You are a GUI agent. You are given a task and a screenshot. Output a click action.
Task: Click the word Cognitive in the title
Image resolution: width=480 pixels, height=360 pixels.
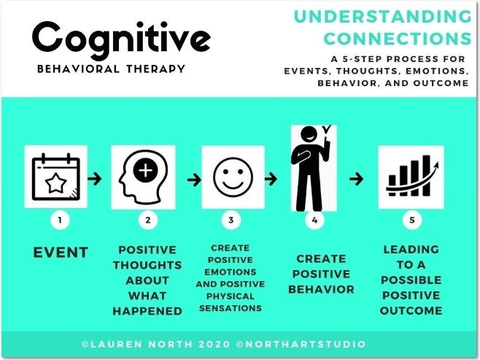point(121,40)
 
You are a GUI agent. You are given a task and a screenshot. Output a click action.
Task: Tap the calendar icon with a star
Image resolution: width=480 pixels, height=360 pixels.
point(56,177)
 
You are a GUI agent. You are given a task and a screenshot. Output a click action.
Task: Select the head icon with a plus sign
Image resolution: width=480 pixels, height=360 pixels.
point(143,177)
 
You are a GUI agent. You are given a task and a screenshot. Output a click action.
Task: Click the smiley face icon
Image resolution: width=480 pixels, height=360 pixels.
point(233,177)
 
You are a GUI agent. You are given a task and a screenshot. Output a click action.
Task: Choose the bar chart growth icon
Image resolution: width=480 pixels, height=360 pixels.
point(412,176)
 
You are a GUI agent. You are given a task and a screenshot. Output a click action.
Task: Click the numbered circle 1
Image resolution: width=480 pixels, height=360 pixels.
point(60,220)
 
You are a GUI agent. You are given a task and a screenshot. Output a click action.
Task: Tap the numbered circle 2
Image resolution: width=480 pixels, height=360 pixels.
point(148,220)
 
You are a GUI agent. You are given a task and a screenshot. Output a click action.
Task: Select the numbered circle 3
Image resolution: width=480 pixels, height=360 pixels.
point(231,220)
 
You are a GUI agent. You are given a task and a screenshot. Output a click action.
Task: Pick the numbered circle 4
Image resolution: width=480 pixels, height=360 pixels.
point(314,220)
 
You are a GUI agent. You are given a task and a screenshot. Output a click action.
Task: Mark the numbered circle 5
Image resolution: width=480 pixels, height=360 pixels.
point(412,220)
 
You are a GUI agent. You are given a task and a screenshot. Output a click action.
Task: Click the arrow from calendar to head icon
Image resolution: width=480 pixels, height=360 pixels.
point(95,178)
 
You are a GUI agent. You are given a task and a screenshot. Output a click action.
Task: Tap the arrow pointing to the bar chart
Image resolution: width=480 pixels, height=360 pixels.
point(356,179)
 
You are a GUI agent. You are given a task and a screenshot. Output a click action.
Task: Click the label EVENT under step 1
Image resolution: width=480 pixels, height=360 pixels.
point(61,253)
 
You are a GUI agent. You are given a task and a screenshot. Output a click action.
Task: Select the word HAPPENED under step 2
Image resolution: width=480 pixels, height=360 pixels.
point(147,311)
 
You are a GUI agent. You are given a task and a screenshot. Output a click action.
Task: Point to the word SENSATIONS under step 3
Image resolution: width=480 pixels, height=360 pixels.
point(231,308)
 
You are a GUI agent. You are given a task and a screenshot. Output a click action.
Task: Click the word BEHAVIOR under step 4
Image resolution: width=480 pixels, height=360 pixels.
point(321,289)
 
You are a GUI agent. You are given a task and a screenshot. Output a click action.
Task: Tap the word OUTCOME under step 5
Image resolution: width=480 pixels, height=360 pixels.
point(411,310)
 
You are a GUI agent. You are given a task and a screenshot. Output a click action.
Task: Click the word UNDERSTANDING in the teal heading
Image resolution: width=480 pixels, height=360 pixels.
point(383,17)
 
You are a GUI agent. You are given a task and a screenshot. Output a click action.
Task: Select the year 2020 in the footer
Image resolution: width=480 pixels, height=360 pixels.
point(214,344)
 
